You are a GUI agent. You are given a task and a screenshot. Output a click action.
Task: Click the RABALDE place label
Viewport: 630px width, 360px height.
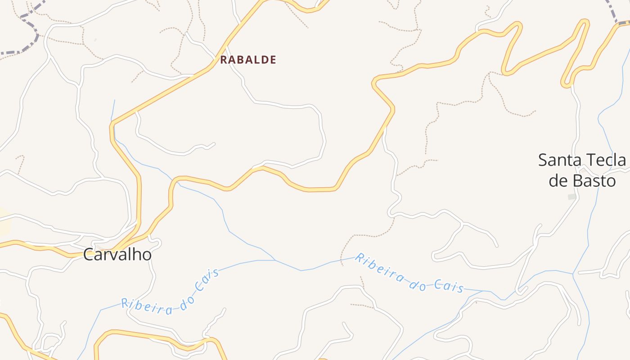click(x=248, y=60)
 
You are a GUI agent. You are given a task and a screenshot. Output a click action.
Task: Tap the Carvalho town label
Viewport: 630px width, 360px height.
click(x=117, y=255)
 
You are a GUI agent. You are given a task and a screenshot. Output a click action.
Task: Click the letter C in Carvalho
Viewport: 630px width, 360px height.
click(x=89, y=255)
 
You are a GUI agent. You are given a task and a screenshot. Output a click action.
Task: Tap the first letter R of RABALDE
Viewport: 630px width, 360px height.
click(x=223, y=60)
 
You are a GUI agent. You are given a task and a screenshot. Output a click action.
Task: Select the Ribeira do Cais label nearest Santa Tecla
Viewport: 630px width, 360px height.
click(x=409, y=273)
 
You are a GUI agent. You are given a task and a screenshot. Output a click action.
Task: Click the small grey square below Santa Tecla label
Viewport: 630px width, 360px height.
click(x=572, y=197)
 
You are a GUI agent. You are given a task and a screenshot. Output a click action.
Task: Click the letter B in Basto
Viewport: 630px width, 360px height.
click(x=578, y=181)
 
